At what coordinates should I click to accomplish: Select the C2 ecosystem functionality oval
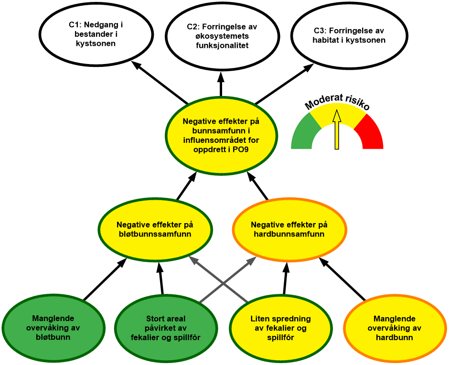[222, 36]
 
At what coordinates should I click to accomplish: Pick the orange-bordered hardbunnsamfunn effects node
[289, 229]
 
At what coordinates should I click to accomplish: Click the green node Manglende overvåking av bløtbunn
[53, 328]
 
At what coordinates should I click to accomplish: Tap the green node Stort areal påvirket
[165, 328]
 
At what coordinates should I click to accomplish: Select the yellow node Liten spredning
[281, 328]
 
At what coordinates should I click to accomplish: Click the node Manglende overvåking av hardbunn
[394, 328]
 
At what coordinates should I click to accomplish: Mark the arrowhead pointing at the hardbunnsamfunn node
[252, 260]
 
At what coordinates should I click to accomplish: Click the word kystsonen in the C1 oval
[96, 43]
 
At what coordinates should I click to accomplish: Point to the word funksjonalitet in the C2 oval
[222, 45]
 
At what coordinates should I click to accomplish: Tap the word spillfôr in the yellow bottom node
[281, 337]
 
